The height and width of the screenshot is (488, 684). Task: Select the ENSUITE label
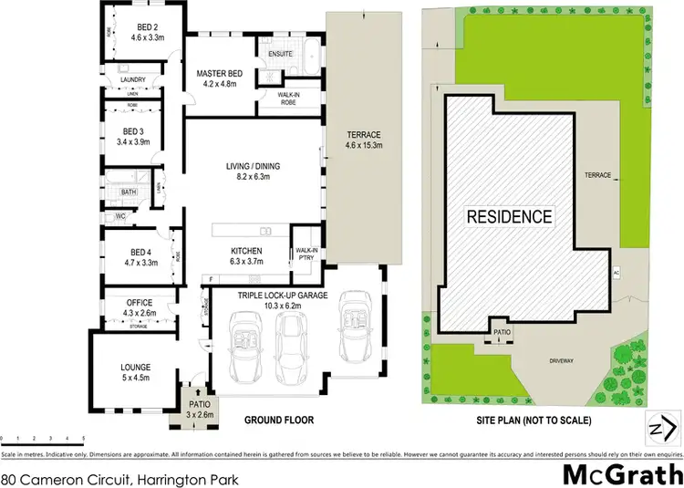(280, 55)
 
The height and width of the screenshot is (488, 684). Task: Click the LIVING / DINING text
(254, 167)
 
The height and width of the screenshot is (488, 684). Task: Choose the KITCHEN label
(247, 251)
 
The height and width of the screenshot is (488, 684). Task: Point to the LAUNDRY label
(133, 80)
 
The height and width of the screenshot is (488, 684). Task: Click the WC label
(120, 217)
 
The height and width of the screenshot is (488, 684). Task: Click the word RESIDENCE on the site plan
(510, 217)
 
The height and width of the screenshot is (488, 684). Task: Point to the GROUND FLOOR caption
(279, 421)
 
